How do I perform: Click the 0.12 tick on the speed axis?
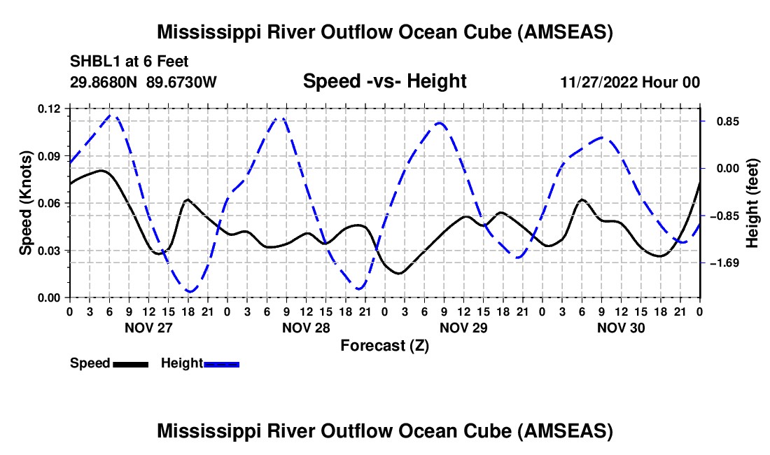click(x=50, y=109)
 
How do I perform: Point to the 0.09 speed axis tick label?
click(x=50, y=156)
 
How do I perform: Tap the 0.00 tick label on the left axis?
click(x=50, y=298)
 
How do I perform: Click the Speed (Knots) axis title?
click(x=25, y=203)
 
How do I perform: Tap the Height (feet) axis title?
click(x=752, y=203)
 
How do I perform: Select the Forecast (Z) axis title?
click(x=384, y=345)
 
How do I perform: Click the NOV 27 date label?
click(x=148, y=328)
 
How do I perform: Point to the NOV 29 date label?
click(x=463, y=328)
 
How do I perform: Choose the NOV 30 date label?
click(x=621, y=328)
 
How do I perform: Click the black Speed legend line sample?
click(x=130, y=364)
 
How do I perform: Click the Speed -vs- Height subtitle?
click(x=384, y=82)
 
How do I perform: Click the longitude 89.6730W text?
click(x=182, y=82)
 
